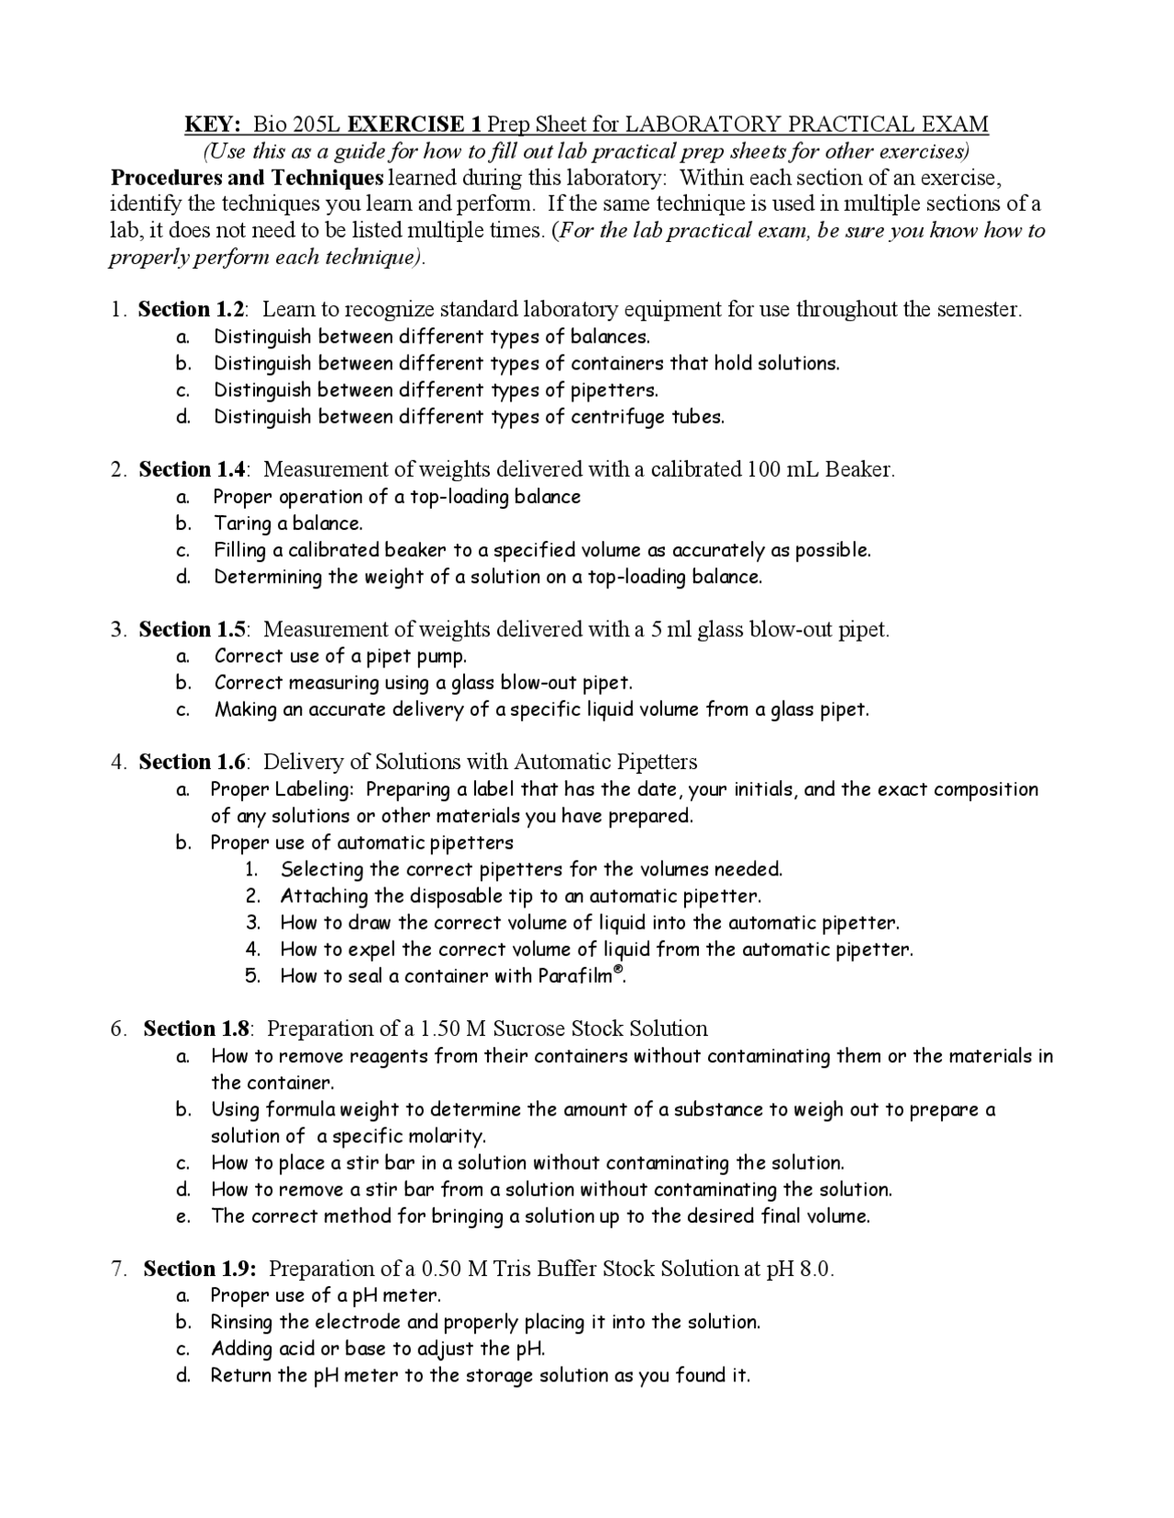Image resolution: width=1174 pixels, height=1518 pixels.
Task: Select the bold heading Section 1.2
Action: pos(192,310)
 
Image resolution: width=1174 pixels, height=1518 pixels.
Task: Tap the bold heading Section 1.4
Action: pos(193,470)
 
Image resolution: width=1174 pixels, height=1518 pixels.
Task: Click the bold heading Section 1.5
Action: pos(193,630)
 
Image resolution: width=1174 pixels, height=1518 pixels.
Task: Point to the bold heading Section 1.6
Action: pos(193,763)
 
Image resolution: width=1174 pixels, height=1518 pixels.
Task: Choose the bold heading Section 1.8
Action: pos(197,1029)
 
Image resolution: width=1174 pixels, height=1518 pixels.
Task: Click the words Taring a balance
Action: pos(288,524)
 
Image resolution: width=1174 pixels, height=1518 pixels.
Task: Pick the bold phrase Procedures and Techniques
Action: pos(247,178)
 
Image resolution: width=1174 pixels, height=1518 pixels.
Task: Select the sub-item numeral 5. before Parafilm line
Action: pos(253,976)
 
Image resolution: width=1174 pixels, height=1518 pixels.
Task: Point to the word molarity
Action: pos(447,1137)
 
